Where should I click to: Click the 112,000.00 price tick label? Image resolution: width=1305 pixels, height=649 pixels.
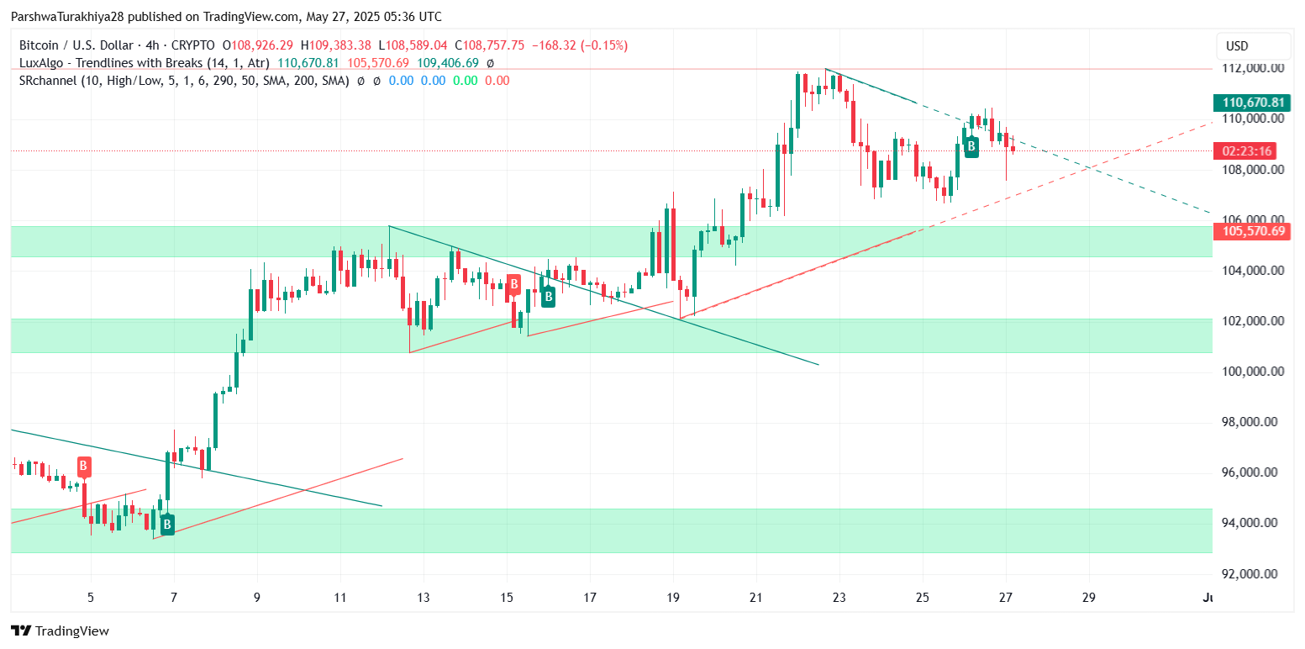(1253, 68)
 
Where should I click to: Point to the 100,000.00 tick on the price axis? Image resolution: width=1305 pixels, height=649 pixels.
(1253, 372)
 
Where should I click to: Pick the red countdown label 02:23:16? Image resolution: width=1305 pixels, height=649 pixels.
(1248, 151)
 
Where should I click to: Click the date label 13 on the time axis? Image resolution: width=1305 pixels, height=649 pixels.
(424, 598)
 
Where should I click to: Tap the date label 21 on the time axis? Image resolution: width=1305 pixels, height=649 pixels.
(756, 598)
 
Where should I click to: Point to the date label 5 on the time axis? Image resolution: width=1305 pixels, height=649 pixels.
(91, 598)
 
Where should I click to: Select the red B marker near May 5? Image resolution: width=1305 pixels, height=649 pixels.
(84, 466)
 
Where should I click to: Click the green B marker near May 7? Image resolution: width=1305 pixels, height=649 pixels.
(167, 525)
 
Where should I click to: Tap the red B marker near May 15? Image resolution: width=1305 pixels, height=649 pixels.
(513, 283)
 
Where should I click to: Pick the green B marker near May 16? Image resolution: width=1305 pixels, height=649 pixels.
(548, 296)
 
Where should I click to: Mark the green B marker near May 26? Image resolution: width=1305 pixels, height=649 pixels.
(971, 146)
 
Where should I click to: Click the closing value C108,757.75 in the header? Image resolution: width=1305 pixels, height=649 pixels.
(502, 45)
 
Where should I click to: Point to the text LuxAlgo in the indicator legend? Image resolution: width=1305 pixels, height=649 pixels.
(39, 63)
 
